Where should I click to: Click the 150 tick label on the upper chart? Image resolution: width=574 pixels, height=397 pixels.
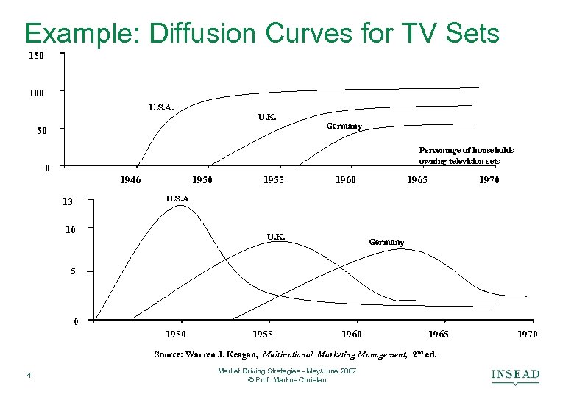tap(36, 56)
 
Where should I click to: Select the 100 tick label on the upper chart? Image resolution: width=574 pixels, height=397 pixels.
tap(36, 93)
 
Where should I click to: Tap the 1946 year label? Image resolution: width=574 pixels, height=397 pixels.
tap(130, 179)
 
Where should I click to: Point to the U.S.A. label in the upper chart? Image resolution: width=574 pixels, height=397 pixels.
tap(161, 107)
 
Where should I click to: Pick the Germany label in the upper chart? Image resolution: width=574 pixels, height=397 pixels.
tap(344, 126)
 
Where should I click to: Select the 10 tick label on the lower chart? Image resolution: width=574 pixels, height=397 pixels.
tap(71, 229)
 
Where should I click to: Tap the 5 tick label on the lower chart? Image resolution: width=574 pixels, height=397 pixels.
tap(73, 272)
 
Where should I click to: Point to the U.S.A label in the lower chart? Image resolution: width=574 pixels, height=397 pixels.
tap(177, 198)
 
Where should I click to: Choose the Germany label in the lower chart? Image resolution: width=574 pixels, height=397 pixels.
tap(386, 242)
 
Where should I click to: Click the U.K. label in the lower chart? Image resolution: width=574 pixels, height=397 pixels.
tap(276, 237)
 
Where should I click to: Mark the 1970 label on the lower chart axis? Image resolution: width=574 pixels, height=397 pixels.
tap(526, 335)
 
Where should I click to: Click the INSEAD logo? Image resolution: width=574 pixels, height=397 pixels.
tap(515, 376)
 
